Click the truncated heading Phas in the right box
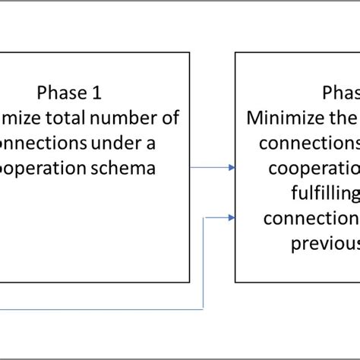point(341,93)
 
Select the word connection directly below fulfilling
point(311,218)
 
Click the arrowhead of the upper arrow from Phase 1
point(231,167)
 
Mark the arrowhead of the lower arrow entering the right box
point(231,218)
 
